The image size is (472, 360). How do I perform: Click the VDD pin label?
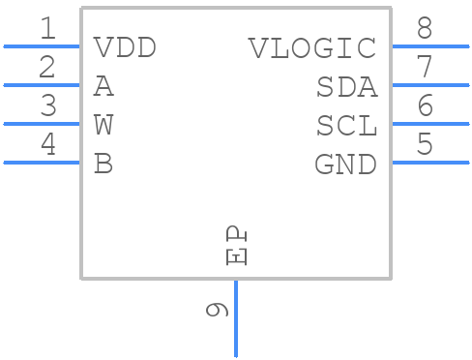tap(124, 47)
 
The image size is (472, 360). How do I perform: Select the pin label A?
tap(103, 87)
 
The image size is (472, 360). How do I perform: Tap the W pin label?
tap(103, 126)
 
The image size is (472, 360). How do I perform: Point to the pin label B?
tap(103, 165)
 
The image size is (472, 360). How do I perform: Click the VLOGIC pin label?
tap(311, 47)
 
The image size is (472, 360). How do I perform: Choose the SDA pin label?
tap(346, 87)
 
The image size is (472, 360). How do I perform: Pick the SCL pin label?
tap(346, 126)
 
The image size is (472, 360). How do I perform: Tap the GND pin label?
tap(345, 165)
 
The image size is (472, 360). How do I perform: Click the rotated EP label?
tap(236, 245)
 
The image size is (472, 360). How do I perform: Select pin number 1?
tap(47, 29)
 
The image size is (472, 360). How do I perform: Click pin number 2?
tap(47, 68)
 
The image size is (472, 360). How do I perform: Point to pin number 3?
tap(47, 106)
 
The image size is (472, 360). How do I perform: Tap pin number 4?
tap(47, 145)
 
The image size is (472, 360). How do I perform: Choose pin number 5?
tap(425, 145)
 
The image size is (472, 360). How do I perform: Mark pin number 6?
tap(425, 106)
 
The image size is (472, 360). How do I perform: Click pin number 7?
tap(425, 68)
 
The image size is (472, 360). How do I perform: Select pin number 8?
tap(425, 29)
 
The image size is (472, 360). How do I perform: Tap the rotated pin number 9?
tap(218, 310)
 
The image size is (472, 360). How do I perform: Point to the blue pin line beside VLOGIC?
tap(429, 45)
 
